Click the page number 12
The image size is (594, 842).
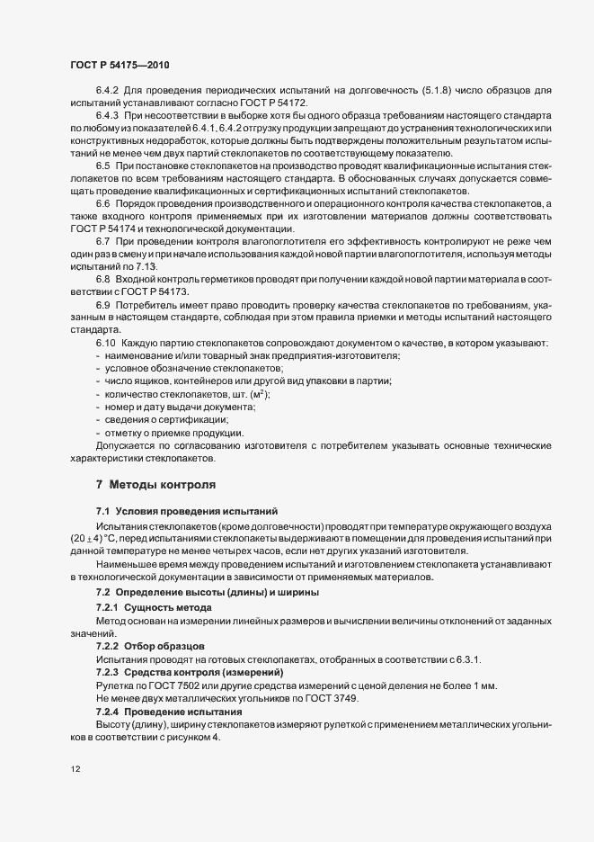pyautogui.click(x=74, y=771)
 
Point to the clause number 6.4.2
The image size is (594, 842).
pyautogui.click(x=109, y=90)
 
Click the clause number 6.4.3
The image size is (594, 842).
pyautogui.click(x=109, y=116)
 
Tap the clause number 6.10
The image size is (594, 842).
pyautogui.click(x=106, y=344)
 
